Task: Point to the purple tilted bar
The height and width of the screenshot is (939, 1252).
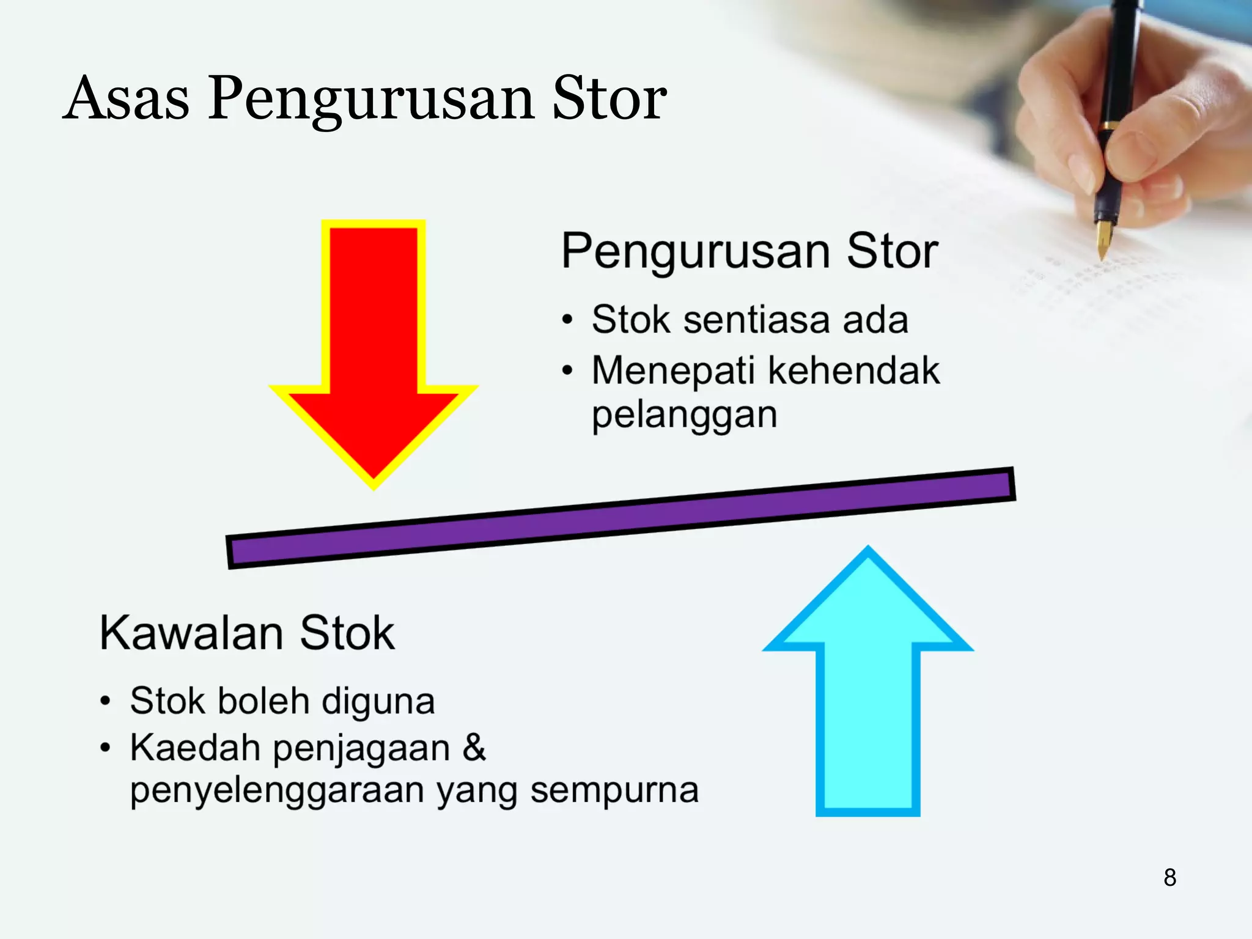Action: tap(620, 518)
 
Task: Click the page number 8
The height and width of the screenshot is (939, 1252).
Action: tap(1169, 877)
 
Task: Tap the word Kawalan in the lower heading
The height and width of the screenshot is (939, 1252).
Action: tap(191, 633)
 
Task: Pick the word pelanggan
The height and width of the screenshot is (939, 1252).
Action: tap(684, 416)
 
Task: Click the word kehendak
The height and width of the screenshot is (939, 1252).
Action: tap(853, 370)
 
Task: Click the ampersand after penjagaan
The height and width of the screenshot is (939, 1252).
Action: tap(474, 747)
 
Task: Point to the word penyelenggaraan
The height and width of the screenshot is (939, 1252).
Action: tap(278, 791)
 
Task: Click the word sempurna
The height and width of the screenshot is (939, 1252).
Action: tap(614, 791)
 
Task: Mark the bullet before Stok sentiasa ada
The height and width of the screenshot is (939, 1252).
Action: tap(568, 320)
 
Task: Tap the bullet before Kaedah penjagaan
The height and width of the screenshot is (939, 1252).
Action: tap(106, 748)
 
